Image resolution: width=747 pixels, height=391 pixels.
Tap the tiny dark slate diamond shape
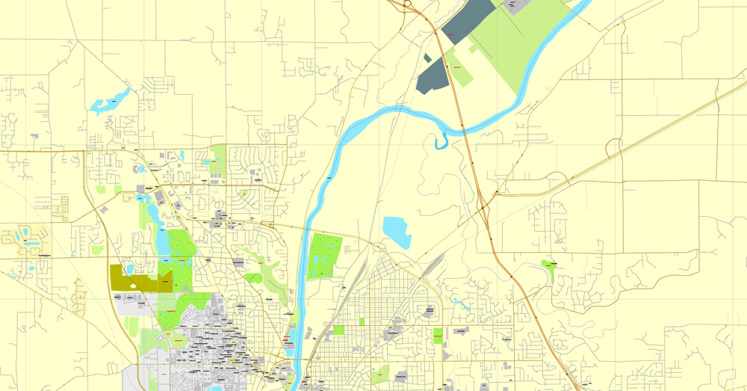427,58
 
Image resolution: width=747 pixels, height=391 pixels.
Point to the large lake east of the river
395,232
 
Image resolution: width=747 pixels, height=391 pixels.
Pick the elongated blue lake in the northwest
109,101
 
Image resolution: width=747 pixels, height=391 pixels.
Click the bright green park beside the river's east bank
324,255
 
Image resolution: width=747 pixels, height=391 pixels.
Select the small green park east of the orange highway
551,270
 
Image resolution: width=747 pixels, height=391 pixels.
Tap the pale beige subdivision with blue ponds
19,237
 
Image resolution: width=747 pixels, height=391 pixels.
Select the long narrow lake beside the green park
161,240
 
